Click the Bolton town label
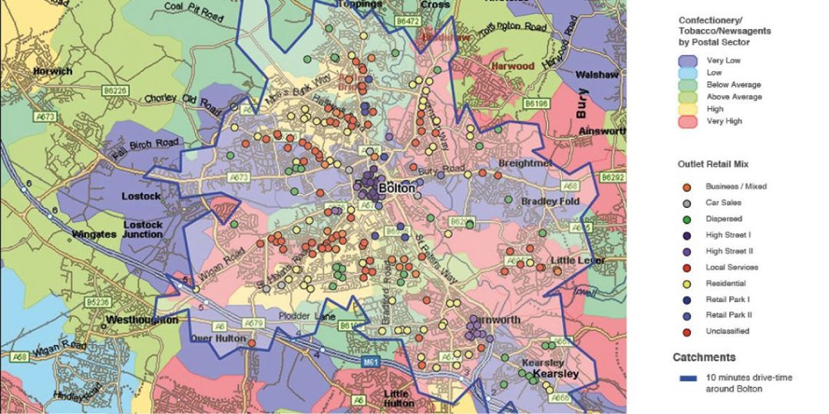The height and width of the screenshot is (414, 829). pyautogui.click(x=397, y=188)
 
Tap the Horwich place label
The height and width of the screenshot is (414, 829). pyautogui.click(x=52, y=71)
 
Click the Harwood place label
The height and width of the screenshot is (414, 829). pyautogui.click(x=513, y=67)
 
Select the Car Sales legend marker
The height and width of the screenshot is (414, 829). pyautogui.click(x=688, y=202)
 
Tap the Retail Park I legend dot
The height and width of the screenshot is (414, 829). pyautogui.click(x=688, y=299)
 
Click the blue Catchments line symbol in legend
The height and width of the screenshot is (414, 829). pyautogui.click(x=688, y=377)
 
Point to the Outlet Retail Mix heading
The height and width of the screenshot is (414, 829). pyautogui.click(x=713, y=164)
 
